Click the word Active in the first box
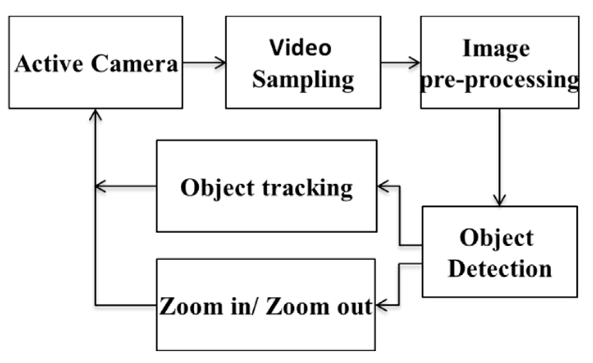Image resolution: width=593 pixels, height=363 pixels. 49,64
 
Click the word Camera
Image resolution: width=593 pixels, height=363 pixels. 134,64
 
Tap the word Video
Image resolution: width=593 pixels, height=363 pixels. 300,48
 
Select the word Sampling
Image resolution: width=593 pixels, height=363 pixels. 303,80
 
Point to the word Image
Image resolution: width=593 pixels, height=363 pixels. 496,49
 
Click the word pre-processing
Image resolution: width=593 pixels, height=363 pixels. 499,80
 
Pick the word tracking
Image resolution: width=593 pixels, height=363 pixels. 307,188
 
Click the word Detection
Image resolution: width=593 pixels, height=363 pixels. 500,269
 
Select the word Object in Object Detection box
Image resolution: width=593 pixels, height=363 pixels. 496,238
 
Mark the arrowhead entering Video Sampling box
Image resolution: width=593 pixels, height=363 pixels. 221,63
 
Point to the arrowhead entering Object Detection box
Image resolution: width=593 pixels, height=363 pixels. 499,201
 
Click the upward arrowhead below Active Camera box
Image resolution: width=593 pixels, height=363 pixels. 95,114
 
